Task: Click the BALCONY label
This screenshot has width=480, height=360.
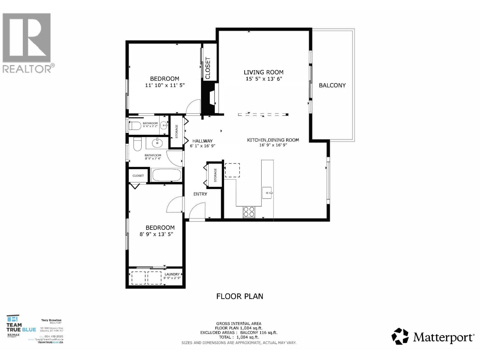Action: (332, 85)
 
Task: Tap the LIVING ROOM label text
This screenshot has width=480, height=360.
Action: (263, 72)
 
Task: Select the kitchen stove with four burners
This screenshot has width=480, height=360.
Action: (249, 212)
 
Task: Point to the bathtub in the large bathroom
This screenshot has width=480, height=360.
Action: (166, 175)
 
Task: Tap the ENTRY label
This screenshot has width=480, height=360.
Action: (200, 194)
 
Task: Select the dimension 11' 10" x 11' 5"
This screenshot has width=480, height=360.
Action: (165, 85)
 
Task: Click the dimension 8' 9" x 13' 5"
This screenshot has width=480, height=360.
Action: (156, 234)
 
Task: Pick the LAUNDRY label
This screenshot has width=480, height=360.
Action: (172, 274)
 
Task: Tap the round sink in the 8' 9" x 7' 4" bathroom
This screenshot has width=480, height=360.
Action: (157, 143)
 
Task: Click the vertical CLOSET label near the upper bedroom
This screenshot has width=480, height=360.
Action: (208, 68)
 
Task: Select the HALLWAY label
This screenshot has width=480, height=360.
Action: (202, 141)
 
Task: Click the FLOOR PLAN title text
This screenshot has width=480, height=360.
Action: (240, 296)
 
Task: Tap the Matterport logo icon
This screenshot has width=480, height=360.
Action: (400, 336)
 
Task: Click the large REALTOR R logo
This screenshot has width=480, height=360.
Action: (26, 37)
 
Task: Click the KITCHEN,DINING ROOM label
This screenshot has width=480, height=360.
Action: (273, 140)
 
